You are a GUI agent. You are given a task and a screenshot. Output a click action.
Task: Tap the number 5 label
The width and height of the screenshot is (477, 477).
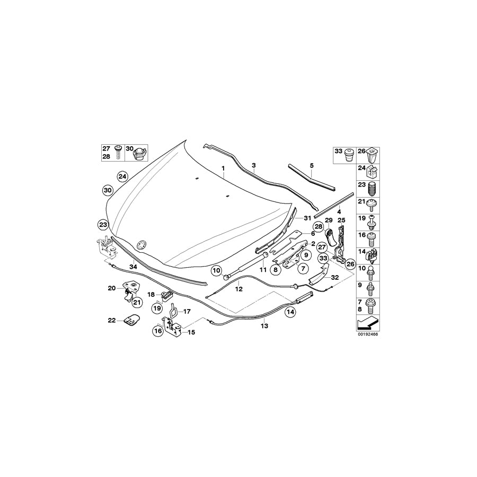click(312, 165)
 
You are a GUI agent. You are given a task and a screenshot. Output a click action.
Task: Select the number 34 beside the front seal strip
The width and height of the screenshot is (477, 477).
click(133, 267)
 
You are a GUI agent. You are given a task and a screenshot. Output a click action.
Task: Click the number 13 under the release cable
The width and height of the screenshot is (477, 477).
click(264, 326)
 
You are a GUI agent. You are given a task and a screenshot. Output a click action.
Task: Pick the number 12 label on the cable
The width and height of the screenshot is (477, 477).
click(239, 289)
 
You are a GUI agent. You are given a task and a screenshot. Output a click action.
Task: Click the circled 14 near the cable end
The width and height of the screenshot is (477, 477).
click(290, 312)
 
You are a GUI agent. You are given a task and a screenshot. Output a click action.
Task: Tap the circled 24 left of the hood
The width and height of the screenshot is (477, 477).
click(122, 175)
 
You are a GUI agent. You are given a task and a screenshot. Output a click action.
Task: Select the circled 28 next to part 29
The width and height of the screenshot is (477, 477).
click(318, 226)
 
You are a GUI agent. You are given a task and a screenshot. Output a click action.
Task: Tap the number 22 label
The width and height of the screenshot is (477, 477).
click(111, 320)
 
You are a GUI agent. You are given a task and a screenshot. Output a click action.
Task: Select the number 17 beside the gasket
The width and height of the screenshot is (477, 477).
click(186, 312)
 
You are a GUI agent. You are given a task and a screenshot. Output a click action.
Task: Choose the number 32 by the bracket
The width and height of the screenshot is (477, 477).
click(334, 277)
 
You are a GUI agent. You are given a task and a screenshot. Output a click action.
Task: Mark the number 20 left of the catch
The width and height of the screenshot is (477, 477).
click(111, 288)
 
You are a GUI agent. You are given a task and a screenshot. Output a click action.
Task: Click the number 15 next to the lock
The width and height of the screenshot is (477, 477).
click(191, 332)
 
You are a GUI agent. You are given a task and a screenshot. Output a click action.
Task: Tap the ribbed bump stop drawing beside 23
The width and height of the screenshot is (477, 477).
click(374, 189)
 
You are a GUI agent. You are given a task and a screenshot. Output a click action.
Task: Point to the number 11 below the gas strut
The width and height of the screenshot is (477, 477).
click(262, 270)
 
